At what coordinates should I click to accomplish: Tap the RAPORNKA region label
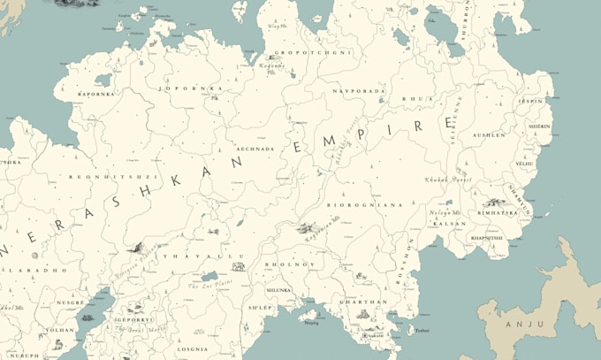[x=96, y=93]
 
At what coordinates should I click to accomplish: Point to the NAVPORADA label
[x=358, y=91]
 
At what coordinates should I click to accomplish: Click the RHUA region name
[x=413, y=98]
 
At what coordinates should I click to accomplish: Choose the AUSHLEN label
[x=489, y=135]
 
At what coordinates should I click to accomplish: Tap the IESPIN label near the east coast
[x=530, y=101]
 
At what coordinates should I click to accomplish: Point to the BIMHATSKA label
[x=497, y=213]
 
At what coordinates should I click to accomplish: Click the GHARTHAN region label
[x=362, y=303]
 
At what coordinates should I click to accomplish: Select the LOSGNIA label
[x=192, y=349]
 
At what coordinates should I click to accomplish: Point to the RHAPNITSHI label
[x=487, y=237]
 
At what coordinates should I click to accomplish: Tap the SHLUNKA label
[x=278, y=289]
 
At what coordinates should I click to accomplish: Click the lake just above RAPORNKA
[x=103, y=80]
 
